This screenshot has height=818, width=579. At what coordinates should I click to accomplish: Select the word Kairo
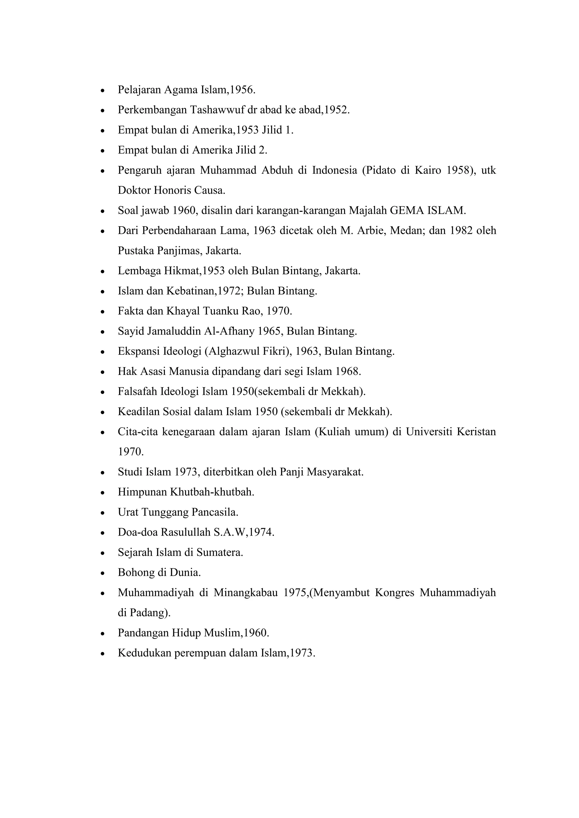pyautogui.click(x=427, y=170)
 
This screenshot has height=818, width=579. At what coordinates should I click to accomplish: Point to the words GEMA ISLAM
pyautogui.click(x=427, y=210)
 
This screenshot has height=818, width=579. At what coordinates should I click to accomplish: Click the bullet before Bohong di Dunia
pyautogui.click(x=103, y=573)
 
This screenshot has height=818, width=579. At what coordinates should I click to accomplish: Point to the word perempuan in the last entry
pyautogui.click(x=200, y=653)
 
